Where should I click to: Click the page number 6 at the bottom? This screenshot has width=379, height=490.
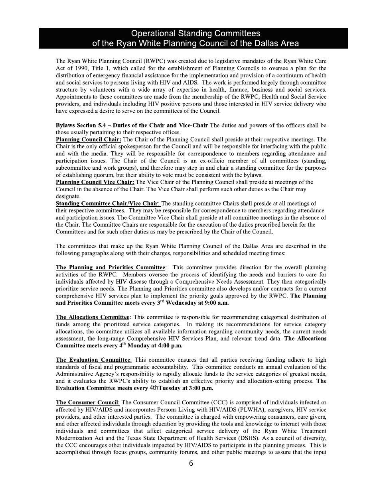[191, 463]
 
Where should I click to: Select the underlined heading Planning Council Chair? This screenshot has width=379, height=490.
[89, 139]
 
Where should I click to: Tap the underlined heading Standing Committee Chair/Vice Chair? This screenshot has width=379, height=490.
[108, 204]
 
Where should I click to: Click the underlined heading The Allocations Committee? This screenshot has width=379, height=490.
[93, 317]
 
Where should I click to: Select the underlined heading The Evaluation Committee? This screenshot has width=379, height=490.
[93, 360]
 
